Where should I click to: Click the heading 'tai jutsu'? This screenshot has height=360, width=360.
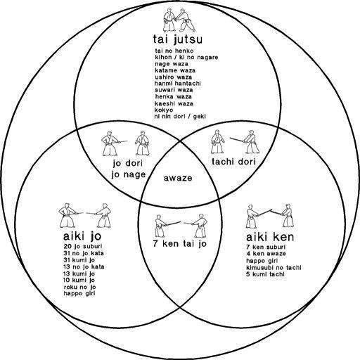(178, 39)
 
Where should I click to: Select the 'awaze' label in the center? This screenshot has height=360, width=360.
(178, 178)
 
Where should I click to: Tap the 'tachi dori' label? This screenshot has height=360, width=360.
(233, 162)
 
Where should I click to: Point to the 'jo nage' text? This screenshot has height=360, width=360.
(129, 174)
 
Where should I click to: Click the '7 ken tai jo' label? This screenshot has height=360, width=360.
(180, 244)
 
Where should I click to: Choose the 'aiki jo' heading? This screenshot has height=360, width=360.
(82, 236)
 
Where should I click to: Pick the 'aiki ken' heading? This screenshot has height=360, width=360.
(270, 237)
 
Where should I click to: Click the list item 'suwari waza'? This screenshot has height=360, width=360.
(174, 90)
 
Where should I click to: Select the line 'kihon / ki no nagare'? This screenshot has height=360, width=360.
(186, 57)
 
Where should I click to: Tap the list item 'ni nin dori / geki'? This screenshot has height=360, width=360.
(180, 116)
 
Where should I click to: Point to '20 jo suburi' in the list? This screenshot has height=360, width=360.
(83, 246)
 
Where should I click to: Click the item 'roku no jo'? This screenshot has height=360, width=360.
(79, 287)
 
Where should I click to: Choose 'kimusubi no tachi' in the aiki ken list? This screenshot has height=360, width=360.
(274, 267)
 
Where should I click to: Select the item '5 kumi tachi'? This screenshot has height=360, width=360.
(265, 274)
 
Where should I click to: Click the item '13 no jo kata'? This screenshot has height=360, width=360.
(84, 266)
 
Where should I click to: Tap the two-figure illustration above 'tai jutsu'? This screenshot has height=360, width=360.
(179, 20)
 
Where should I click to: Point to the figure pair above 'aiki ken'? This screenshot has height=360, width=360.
(270, 216)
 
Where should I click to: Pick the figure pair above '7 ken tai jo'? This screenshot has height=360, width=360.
(181, 226)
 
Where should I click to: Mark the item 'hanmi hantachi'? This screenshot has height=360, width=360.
(178, 84)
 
